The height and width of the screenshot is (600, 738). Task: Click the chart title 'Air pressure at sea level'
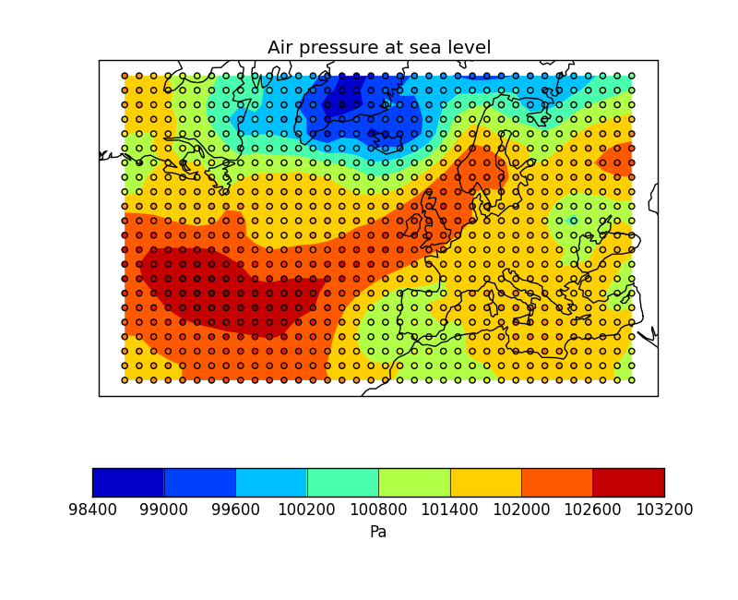(379, 48)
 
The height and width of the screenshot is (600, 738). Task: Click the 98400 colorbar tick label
(92, 510)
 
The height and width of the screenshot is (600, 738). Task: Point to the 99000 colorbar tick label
(164, 510)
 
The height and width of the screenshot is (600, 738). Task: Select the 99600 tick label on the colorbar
(235, 510)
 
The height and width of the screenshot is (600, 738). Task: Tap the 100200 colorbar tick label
(307, 510)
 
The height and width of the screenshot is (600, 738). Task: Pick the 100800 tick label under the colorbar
(378, 510)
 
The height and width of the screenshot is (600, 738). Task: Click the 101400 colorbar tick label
(450, 510)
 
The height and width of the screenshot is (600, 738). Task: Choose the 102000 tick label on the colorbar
(521, 510)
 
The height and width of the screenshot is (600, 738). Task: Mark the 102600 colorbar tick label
(592, 510)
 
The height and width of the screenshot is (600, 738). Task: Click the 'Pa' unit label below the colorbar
(378, 533)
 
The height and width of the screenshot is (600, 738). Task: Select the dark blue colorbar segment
(128, 482)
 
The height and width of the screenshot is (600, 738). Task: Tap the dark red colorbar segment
(628, 482)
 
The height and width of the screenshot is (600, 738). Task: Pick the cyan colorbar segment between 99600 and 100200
(271, 482)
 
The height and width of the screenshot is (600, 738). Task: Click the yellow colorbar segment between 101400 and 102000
(485, 482)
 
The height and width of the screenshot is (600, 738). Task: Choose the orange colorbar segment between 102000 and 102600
(557, 482)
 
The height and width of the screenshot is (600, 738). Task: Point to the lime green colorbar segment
(414, 482)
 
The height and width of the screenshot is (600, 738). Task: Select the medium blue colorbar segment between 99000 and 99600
(199, 482)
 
